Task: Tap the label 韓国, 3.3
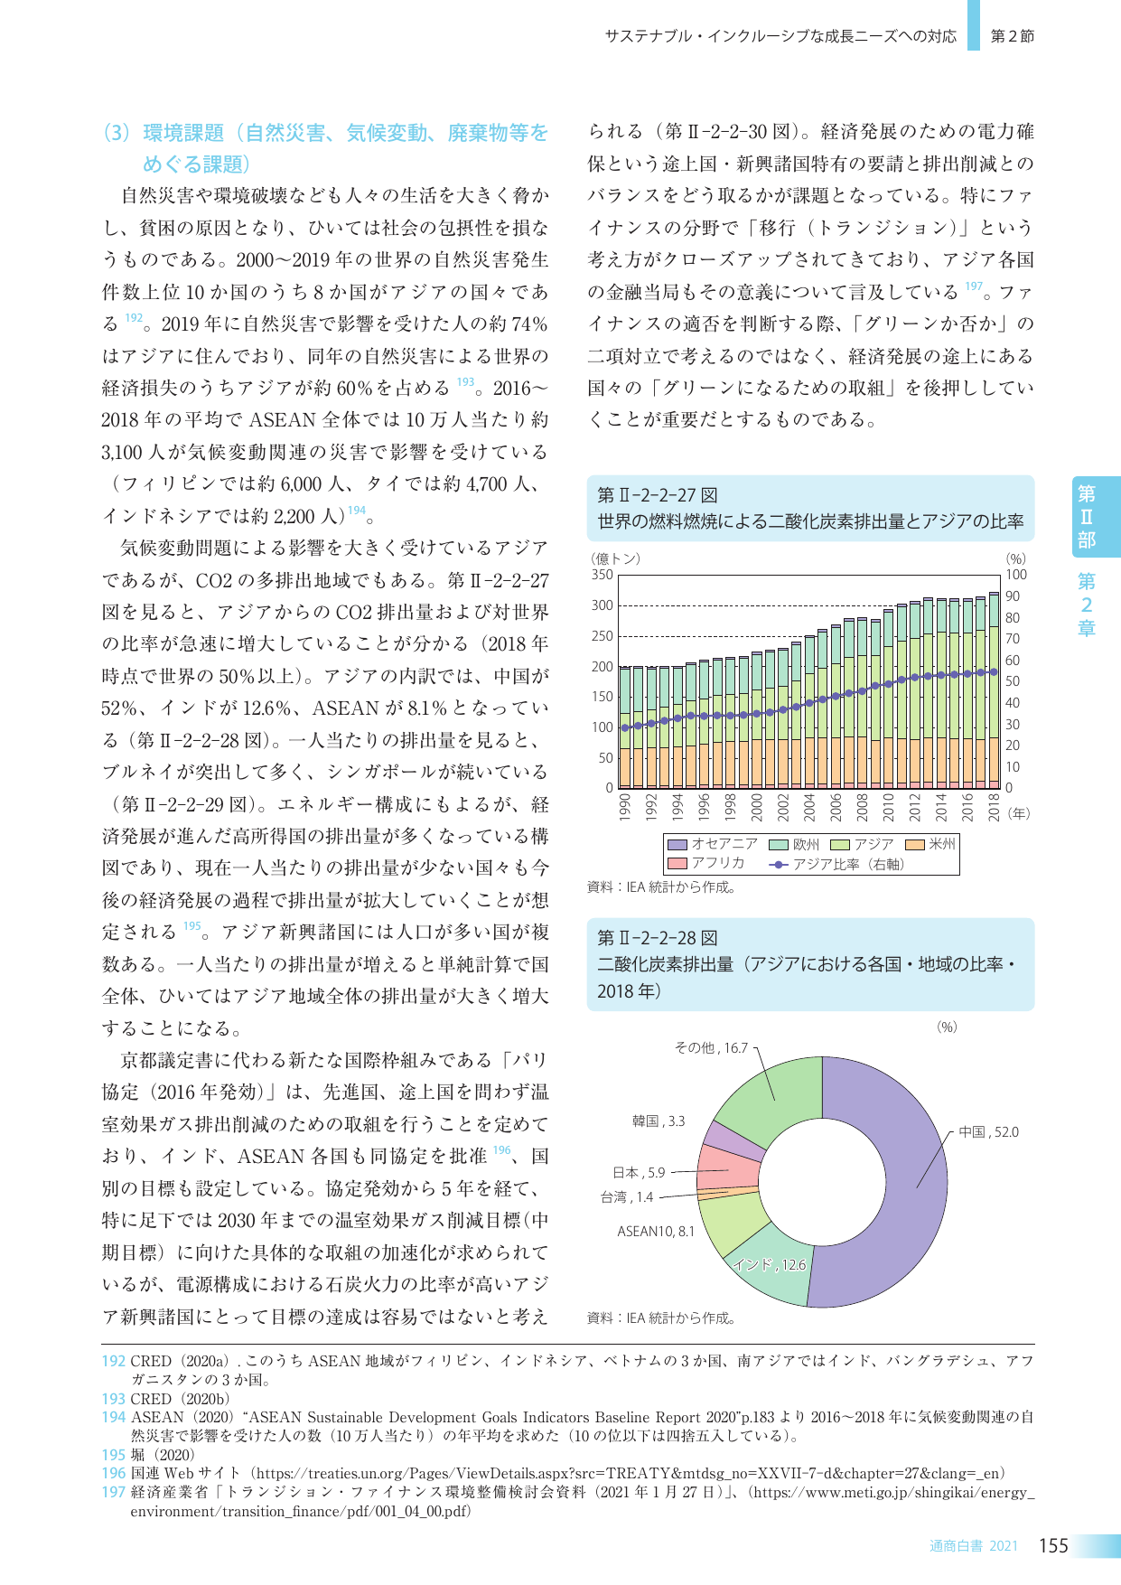658,1121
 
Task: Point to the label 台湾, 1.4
626,1197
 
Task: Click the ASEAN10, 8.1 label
655,1232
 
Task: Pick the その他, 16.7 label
711,1048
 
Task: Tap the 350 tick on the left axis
602,575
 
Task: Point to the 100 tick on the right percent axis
1016,575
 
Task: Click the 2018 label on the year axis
994,806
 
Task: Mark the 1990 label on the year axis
624,806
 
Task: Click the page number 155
1053,1546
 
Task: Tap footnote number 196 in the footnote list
113,1474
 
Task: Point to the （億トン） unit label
616,558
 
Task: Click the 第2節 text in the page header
1012,36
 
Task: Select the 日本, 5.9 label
638,1173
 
